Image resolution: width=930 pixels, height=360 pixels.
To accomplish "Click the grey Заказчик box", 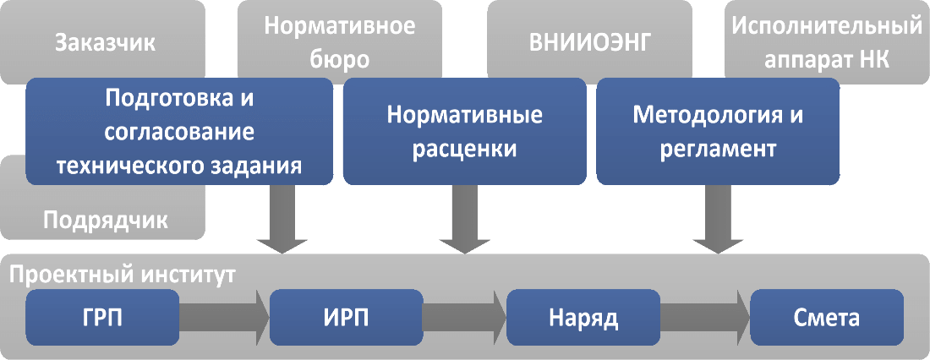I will [105, 42].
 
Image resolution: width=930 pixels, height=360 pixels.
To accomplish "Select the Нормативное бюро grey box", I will [339, 42].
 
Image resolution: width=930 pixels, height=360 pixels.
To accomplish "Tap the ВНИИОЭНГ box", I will [589, 42].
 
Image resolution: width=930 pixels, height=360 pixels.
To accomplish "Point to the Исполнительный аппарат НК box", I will [826, 42].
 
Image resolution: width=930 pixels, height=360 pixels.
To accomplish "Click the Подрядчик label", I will [105, 221].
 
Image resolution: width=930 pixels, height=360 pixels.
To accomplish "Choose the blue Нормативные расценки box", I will [464, 131].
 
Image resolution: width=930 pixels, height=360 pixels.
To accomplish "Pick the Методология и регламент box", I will [718, 131].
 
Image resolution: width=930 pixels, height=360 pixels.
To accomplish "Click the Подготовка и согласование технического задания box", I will [178, 131].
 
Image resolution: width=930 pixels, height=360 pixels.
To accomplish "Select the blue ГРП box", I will [101, 319].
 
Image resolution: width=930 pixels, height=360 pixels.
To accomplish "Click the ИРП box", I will [346, 319].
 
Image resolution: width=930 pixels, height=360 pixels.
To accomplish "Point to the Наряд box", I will [583, 319].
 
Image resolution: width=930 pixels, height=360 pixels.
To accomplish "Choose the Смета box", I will [826, 319].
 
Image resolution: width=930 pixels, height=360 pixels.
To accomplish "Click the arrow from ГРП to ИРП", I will [223, 319].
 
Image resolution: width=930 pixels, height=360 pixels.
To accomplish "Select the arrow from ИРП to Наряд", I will [464, 319].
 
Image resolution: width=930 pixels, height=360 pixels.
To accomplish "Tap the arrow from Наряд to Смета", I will [703, 319].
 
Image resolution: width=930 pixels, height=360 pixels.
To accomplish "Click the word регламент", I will [718, 150].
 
